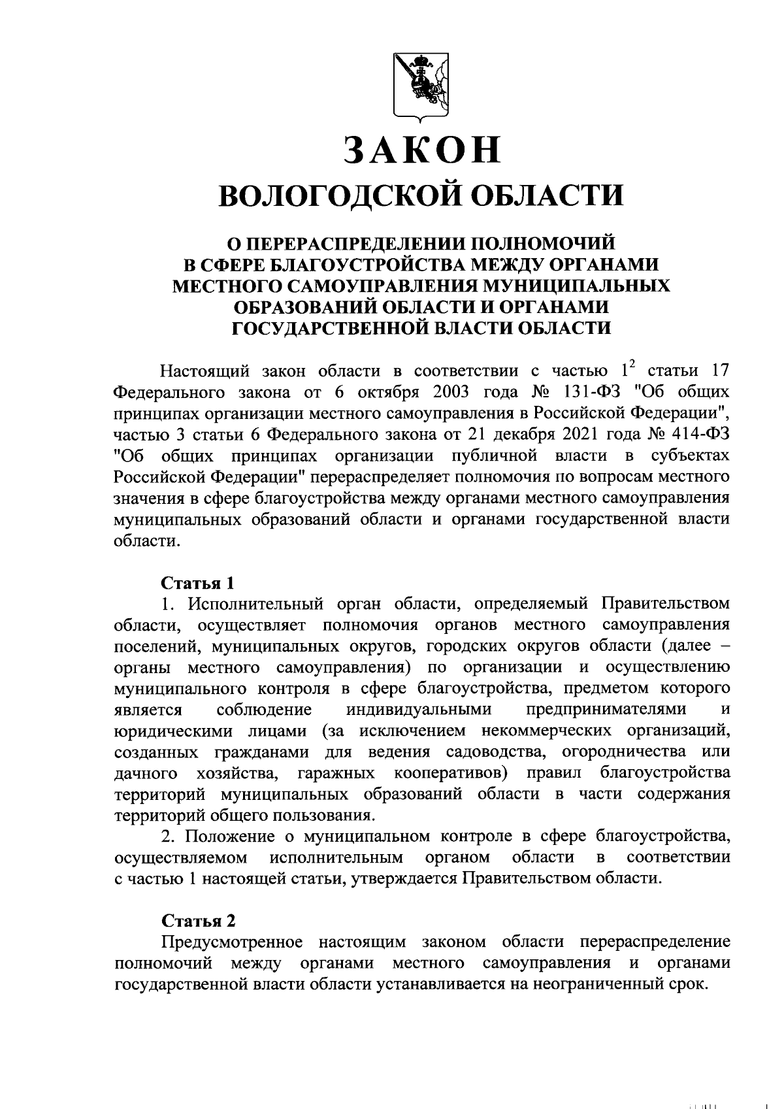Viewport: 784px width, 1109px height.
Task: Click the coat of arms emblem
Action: [421, 86]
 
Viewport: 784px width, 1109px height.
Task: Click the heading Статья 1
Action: [197, 582]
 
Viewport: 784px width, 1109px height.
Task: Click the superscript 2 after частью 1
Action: [632, 366]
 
